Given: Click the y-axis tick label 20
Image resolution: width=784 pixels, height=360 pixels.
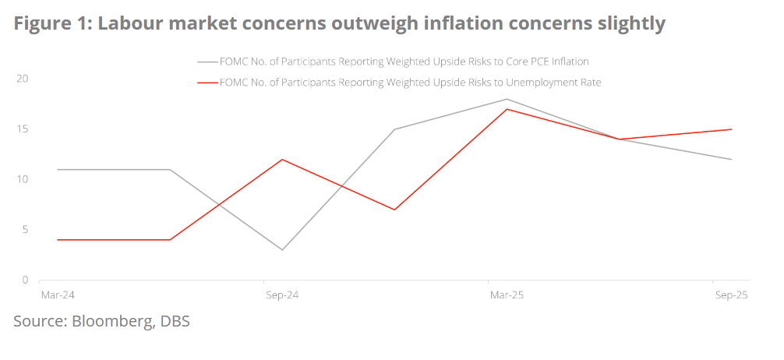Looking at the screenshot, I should point(23,79).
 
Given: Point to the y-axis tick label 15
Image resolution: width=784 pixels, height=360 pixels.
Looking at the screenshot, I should point(23,129).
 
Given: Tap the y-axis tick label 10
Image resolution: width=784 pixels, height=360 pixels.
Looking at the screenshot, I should point(23,179).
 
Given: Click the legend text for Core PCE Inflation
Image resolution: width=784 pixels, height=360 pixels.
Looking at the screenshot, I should point(404,62).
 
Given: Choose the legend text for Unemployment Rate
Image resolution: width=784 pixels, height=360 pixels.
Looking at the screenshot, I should point(411,82).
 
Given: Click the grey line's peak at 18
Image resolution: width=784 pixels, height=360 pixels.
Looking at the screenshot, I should point(507,99).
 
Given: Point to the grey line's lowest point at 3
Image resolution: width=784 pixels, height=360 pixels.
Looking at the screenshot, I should point(282,250).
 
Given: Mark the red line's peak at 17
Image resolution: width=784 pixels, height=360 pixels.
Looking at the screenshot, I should point(507,109).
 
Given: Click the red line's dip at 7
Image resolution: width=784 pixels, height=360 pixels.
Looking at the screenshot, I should point(394,210).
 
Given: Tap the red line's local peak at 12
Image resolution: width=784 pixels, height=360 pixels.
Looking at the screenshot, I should point(282,159).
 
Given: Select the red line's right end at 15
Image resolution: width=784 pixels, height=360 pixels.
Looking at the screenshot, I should point(731,129).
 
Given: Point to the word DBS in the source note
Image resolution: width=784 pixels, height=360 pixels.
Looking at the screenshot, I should point(175,320).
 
